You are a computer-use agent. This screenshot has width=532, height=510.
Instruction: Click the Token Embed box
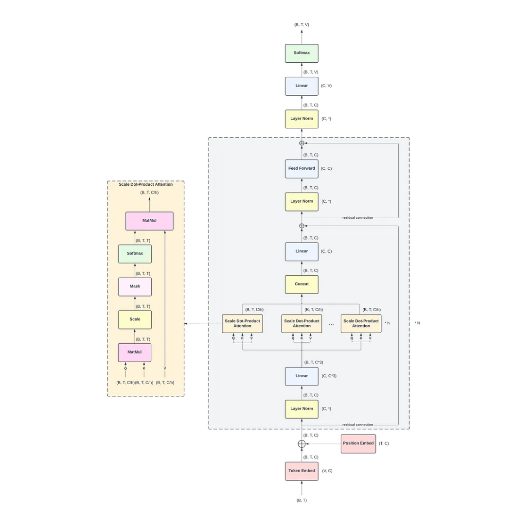301,471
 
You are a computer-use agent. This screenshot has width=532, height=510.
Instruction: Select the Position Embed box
358,443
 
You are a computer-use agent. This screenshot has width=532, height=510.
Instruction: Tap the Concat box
301,284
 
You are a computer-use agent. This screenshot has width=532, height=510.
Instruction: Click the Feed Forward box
301,169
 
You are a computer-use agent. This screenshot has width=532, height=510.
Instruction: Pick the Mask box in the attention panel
135,286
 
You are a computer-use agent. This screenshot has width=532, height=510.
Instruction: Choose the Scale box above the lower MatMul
135,319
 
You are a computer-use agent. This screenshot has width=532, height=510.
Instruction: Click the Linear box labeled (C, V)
301,86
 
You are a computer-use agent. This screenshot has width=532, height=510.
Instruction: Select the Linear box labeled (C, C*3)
301,376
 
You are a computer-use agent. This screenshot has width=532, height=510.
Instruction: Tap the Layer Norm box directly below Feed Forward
301,201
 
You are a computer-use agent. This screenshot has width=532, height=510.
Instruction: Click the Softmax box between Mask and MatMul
135,253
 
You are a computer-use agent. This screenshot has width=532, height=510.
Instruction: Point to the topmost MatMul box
149,221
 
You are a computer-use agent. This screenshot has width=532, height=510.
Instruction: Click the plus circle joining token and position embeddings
301,443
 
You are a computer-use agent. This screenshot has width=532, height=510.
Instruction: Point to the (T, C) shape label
384,443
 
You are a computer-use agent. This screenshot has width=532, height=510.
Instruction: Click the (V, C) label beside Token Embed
327,471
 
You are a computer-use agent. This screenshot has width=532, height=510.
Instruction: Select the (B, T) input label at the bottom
301,500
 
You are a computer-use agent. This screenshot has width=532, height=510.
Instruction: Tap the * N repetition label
417,323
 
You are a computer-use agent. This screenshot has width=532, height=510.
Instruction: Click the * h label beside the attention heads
387,323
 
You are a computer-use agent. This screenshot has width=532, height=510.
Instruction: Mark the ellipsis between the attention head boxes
331,324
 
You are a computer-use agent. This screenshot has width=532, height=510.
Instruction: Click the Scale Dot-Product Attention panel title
145,184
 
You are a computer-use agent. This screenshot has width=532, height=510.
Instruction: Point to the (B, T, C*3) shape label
314,362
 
